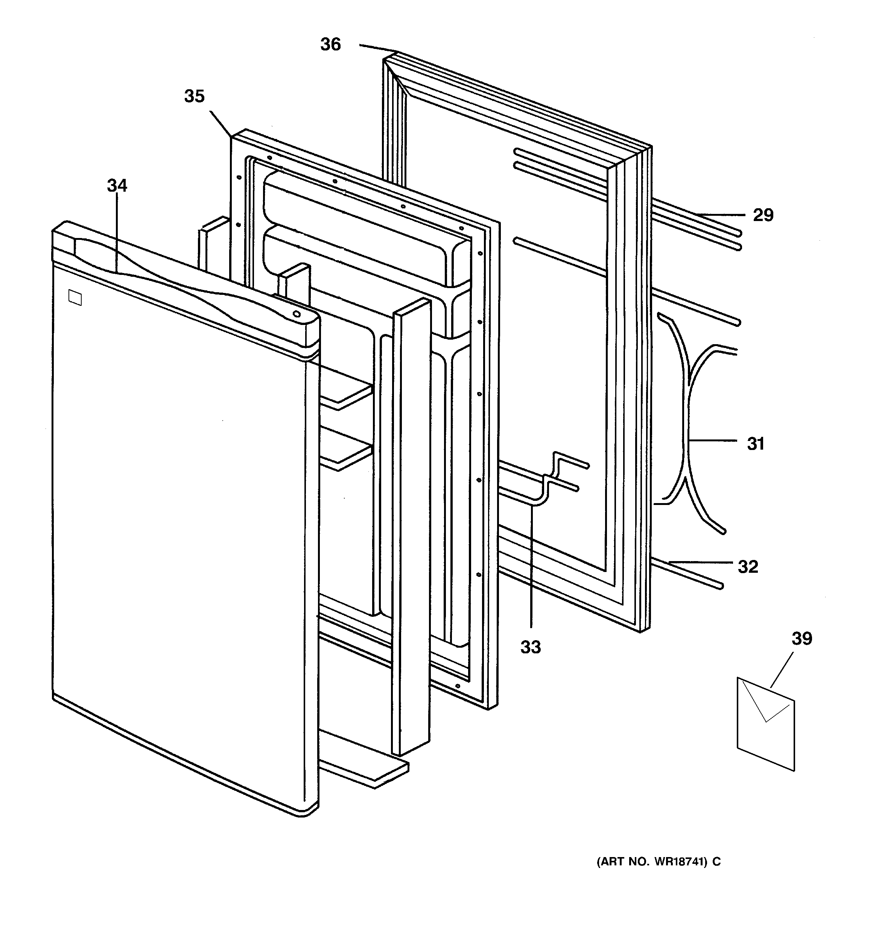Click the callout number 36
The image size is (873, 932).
point(330,44)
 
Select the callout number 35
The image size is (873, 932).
point(195,96)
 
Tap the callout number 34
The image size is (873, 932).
point(117,186)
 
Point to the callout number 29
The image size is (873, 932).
point(763,215)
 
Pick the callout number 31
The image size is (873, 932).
point(755,444)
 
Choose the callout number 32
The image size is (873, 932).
point(748,567)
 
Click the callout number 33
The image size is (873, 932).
point(531,647)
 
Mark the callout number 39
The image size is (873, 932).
point(802,639)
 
